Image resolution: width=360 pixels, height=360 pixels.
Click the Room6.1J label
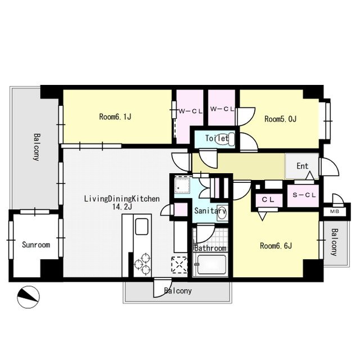(x=115, y=116)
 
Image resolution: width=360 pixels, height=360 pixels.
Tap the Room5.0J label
(x=281, y=119)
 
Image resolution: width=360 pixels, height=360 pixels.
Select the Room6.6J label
(x=276, y=246)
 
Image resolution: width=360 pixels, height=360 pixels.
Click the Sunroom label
(x=36, y=245)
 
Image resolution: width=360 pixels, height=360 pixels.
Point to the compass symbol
(x=29, y=297)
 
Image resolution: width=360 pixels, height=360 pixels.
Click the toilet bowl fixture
(x=225, y=139)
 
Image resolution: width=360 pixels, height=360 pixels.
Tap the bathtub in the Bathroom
(x=211, y=264)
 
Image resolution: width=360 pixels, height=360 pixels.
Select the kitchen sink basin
(x=142, y=226)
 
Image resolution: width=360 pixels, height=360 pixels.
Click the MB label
(x=335, y=211)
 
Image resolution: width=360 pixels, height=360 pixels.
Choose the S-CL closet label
(x=304, y=195)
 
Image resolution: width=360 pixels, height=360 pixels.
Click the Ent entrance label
(x=303, y=166)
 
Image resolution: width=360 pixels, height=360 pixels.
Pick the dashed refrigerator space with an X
(x=179, y=265)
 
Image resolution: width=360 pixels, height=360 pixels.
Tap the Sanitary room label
(x=210, y=210)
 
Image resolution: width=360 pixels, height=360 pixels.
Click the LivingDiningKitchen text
(x=122, y=199)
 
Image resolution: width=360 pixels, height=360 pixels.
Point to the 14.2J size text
(x=122, y=207)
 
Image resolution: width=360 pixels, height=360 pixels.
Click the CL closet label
(x=268, y=200)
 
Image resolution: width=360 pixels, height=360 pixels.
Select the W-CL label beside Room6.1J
(x=191, y=111)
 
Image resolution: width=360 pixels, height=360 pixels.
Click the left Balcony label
(x=37, y=147)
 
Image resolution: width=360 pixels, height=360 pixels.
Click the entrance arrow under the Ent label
(x=310, y=175)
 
